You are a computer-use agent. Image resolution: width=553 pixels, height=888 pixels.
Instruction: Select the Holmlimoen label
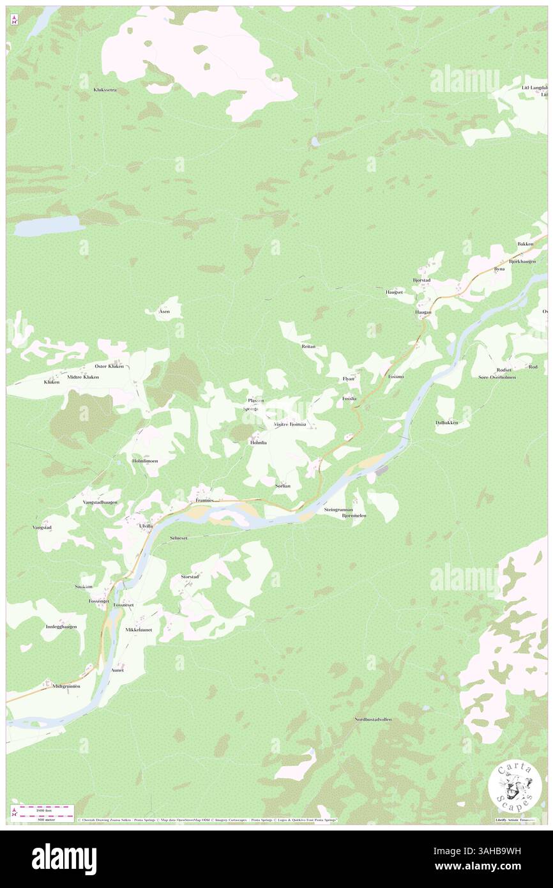coord(144,461)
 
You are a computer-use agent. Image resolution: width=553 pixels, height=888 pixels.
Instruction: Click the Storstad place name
coord(190,576)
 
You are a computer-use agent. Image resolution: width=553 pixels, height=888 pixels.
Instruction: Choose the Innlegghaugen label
coord(61,627)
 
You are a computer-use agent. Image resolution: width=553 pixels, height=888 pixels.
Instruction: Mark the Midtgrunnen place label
coord(66,685)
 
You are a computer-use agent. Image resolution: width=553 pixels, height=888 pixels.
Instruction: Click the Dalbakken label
coord(447,422)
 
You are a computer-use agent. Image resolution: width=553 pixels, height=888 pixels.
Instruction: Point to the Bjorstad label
coord(422,280)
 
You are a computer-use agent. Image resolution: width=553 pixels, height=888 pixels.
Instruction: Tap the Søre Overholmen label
coord(497,377)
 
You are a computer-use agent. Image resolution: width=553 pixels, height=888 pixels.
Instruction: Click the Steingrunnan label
coord(338,509)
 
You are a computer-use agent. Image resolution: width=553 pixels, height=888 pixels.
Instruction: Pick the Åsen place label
coord(164,311)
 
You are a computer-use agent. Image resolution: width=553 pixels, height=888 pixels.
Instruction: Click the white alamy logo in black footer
coord(64,859)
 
